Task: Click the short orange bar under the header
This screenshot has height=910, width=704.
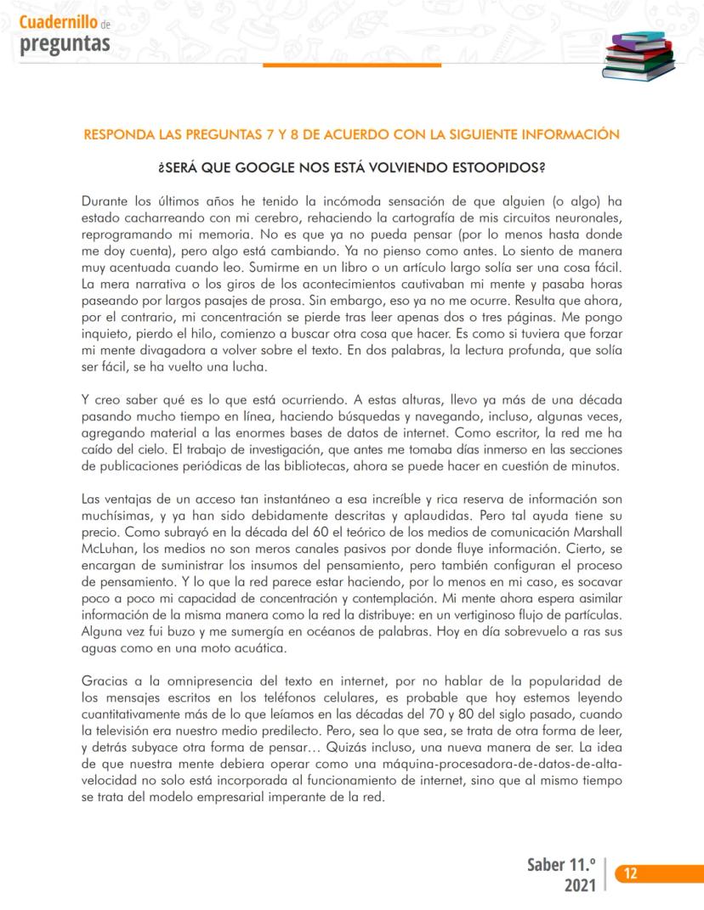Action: pyautogui.click(x=382, y=65)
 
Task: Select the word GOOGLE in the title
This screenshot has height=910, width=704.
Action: pyautogui.click(x=251, y=167)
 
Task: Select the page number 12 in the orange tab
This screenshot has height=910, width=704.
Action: pyautogui.click(x=631, y=873)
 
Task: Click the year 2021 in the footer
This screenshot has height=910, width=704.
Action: pyautogui.click(x=579, y=885)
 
